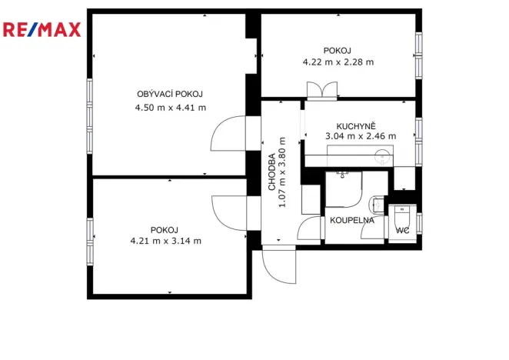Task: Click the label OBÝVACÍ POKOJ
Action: tap(170, 94)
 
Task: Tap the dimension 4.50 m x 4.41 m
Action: tap(170, 108)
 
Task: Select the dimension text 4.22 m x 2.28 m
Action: tap(338, 62)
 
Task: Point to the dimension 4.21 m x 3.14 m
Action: tap(165, 241)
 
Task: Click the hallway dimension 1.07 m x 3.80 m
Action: tap(282, 172)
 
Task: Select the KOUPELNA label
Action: tap(351, 220)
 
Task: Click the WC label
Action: tap(402, 230)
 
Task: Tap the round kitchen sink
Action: tap(382, 158)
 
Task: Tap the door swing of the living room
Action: tap(228, 134)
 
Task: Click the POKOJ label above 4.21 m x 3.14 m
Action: tap(165, 229)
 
